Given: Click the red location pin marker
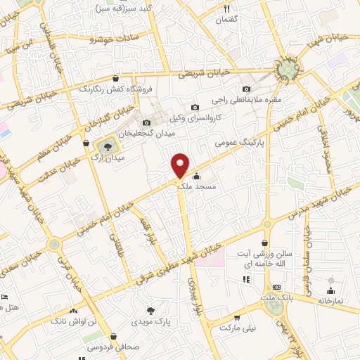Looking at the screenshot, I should point(181,165).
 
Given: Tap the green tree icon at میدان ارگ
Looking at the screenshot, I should point(108,147).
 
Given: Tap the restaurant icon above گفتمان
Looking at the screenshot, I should point(226,8).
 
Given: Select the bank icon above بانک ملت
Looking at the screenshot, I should point(276,287).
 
